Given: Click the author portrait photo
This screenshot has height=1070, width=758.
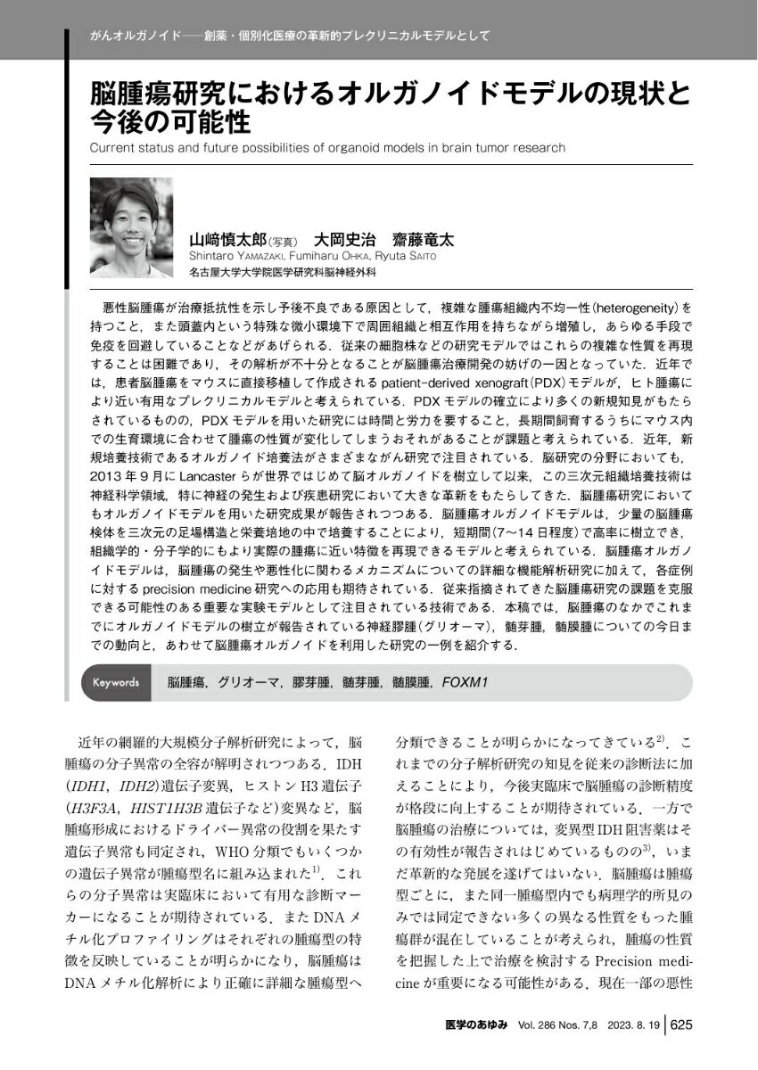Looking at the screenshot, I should point(132,227).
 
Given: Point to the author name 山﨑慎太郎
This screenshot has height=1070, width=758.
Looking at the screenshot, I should point(227,240).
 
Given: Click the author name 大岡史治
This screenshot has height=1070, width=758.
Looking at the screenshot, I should point(342,240).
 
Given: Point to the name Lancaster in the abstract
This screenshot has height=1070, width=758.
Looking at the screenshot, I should point(202,474).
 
